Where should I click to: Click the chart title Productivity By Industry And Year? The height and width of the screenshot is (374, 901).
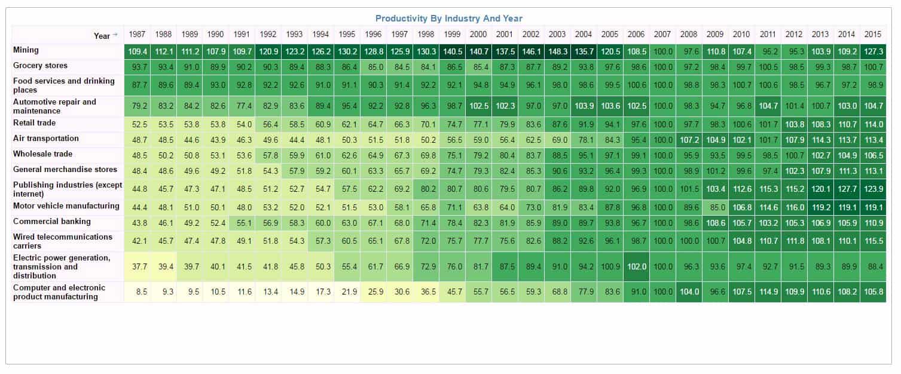[448, 19]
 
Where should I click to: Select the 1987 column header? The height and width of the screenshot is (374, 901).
[137, 35]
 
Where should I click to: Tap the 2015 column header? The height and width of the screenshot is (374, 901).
[872, 35]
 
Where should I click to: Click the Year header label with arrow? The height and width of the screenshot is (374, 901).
[105, 36]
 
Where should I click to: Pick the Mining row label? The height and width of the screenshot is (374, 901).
[26, 50]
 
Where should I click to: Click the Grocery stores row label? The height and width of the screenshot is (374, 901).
[41, 66]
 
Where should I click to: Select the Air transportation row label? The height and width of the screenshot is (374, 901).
[46, 139]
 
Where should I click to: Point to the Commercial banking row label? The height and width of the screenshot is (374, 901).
[52, 222]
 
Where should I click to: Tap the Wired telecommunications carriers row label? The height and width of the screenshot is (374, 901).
[63, 241]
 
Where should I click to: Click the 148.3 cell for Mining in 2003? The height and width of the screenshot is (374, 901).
[557, 51]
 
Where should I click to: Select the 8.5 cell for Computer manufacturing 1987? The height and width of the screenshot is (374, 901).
[137, 292]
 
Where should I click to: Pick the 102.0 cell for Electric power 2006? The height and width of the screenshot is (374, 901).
[636, 267]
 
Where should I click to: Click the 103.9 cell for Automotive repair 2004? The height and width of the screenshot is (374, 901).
[584, 106]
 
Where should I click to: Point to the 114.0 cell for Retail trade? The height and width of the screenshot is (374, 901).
[872, 124]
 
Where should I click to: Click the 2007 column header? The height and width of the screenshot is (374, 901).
[662, 35]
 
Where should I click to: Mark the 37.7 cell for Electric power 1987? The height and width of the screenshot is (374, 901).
[137, 267]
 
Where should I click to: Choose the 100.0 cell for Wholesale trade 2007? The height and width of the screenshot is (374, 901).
[662, 155]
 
